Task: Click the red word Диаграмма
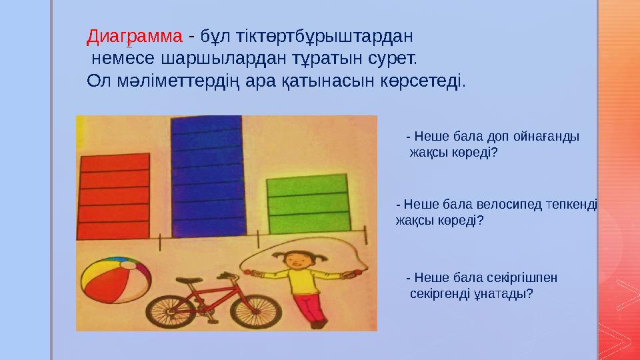(135, 35)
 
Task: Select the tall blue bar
(206, 177)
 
